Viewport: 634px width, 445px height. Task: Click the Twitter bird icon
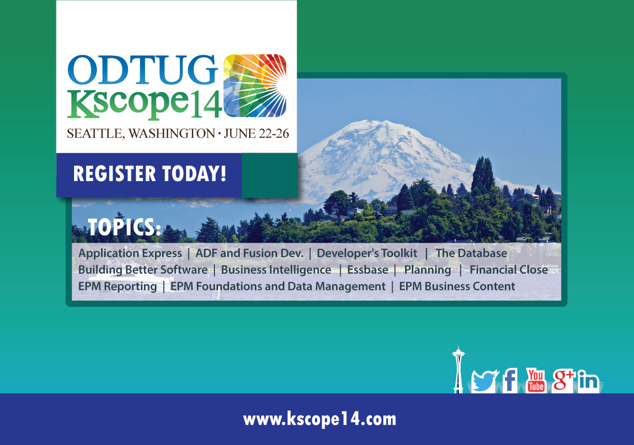(484, 381)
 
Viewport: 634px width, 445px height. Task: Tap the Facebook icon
(510, 380)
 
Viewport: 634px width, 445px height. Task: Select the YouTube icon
(536, 380)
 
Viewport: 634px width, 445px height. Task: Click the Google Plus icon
(563, 380)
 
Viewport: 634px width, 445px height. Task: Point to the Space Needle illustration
(458, 370)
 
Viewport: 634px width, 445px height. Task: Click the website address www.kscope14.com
(320, 420)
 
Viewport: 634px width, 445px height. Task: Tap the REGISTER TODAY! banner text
(150, 173)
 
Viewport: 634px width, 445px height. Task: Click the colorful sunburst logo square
(255, 86)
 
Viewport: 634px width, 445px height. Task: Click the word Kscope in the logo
(127, 104)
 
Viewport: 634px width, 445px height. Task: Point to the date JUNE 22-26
(256, 133)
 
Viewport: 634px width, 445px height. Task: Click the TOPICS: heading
(124, 227)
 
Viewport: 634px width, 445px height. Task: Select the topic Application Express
(130, 254)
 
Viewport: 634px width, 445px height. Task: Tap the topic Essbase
(368, 270)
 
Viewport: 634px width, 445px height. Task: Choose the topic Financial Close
(509, 270)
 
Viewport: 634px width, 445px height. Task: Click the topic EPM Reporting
(118, 286)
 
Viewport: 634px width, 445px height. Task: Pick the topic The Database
(471, 254)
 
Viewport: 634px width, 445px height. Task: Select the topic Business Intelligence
(276, 270)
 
